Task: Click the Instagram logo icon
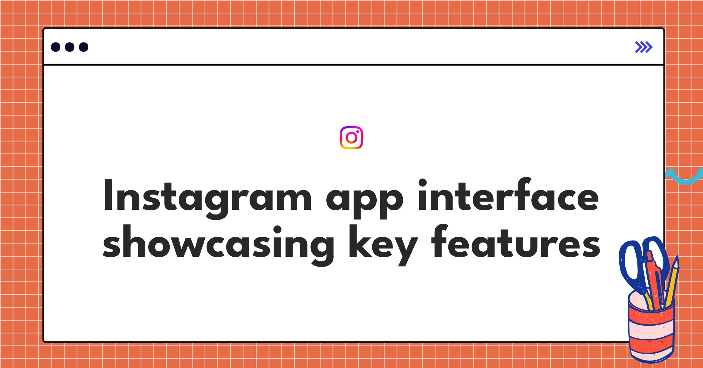[351, 138]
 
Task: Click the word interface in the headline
[508, 196]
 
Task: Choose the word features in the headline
[516, 243]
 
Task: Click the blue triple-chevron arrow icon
[644, 47]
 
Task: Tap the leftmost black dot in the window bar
[56, 47]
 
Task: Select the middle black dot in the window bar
[69, 47]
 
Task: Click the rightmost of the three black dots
[83, 47]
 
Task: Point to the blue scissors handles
[630, 264]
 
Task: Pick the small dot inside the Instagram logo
[357, 132]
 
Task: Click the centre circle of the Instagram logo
[351, 138]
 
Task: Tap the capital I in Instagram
[108, 195]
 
